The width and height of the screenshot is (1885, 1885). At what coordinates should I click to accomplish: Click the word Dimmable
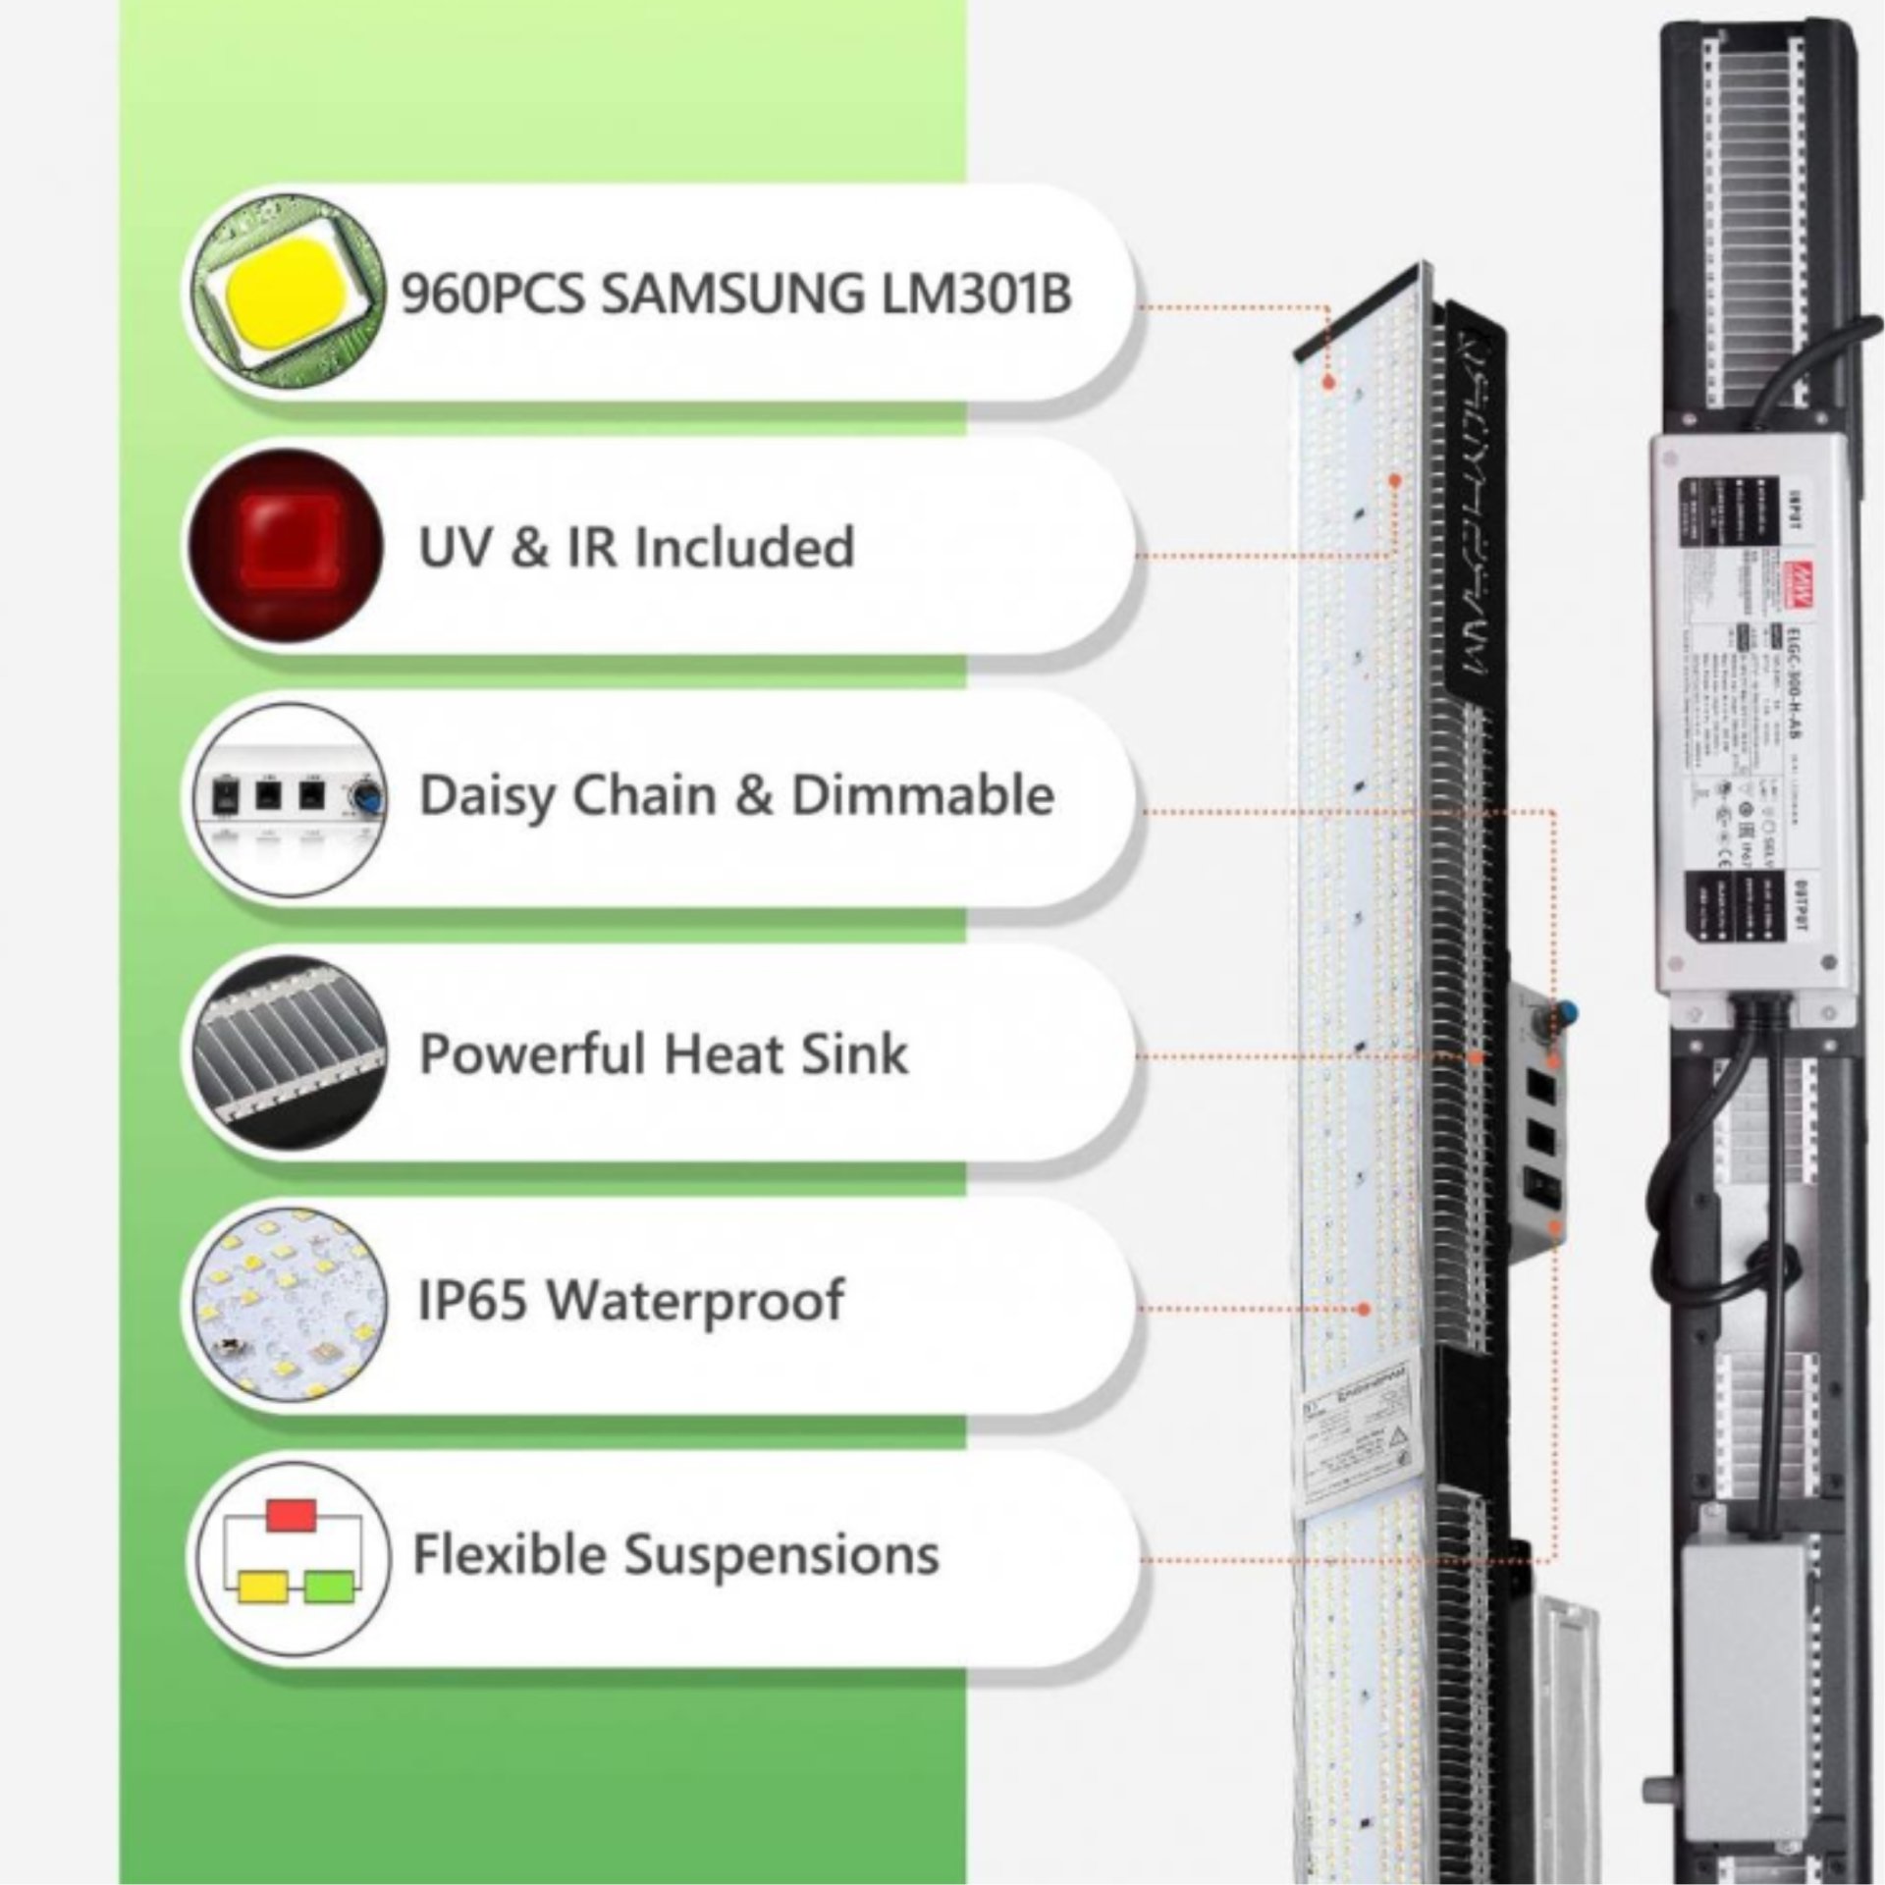(923, 795)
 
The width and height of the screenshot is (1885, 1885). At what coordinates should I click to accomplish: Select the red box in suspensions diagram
(292, 1516)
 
